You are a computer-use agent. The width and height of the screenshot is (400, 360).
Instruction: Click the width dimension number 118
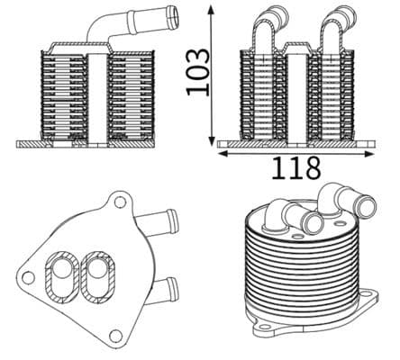click(296, 166)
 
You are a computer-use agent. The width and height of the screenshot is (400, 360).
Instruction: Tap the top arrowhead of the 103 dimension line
click(212, 8)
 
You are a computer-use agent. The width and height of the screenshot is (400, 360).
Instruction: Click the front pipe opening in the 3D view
click(314, 222)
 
